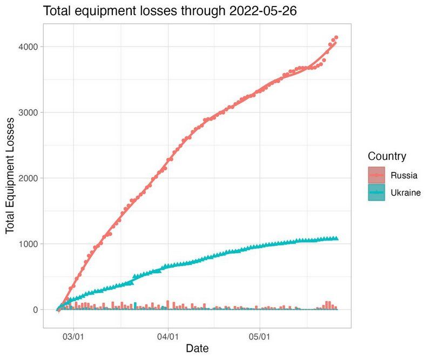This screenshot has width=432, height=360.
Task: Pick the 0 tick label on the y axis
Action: click(x=33, y=310)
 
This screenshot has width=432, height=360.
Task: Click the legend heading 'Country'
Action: click(x=387, y=157)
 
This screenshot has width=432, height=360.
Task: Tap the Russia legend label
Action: click(x=404, y=175)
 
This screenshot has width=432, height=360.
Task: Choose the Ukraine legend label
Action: click(x=406, y=192)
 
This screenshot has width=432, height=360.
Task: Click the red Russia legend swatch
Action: click(x=376, y=175)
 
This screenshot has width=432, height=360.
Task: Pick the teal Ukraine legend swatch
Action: click(x=376, y=192)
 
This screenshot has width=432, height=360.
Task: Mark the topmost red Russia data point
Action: click(x=336, y=37)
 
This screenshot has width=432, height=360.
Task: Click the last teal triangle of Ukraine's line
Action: click(x=336, y=238)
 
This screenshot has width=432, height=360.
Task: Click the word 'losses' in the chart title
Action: click(x=157, y=11)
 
